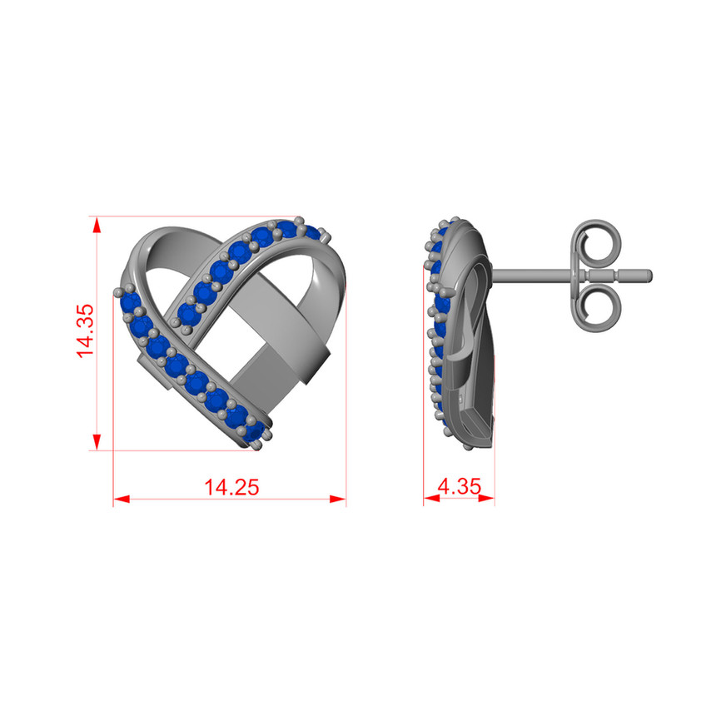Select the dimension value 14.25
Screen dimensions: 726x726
[x=231, y=488]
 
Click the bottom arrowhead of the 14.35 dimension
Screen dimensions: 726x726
[x=97, y=444]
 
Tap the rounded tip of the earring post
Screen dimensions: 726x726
[x=647, y=274]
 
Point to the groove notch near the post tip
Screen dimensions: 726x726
[x=616, y=274]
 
